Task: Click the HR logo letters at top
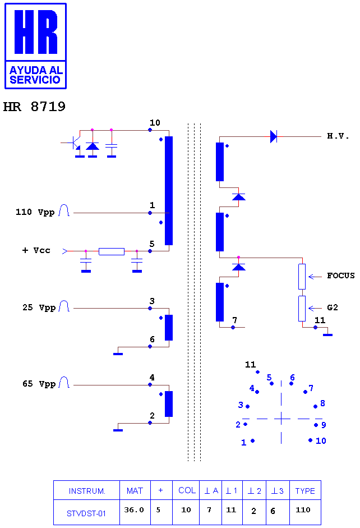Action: [36, 31]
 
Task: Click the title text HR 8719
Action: [34, 107]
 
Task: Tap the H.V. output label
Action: [338, 136]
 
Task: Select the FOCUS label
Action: [341, 276]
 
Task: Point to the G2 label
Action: [333, 307]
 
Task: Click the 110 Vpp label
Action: [35, 212]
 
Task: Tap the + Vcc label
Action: [36, 250]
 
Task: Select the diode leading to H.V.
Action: [274, 136]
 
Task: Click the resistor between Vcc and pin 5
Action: [112, 251]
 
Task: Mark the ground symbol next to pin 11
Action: [327, 335]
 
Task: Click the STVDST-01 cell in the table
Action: [86, 513]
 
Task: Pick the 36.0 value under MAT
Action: [134, 510]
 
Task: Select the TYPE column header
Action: [305, 491]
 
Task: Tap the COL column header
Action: [187, 490]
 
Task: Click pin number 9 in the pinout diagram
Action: [324, 425]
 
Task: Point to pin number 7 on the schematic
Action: [234, 320]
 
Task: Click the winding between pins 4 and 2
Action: [169, 404]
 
